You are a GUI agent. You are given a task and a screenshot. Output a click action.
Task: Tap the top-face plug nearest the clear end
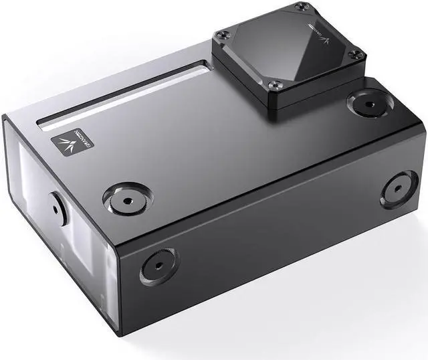coord(126,198)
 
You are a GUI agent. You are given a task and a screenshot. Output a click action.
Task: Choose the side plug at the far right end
coord(399,188)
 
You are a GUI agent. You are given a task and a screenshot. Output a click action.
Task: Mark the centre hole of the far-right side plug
coord(399,188)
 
